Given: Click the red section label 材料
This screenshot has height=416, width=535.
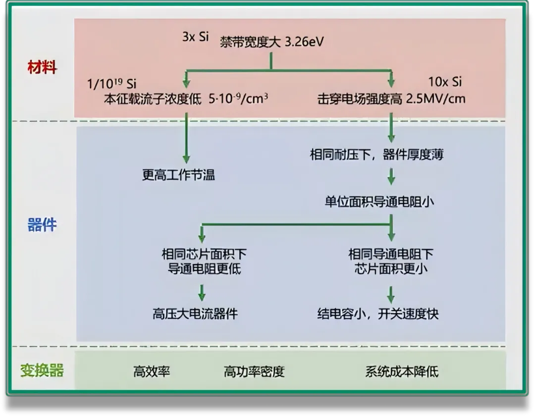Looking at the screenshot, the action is click(x=42, y=67).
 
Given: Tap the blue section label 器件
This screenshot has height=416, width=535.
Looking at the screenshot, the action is click(x=42, y=225).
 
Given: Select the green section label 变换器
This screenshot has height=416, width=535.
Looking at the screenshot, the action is click(x=42, y=370).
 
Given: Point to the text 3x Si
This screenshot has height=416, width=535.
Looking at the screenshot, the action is click(x=196, y=37).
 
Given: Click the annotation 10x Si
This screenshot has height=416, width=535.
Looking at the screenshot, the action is click(x=444, y=82).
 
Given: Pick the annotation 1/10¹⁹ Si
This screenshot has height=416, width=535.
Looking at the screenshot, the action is click(x=112, y=84).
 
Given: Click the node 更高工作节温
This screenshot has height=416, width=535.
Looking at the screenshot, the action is click(x=178, y=175).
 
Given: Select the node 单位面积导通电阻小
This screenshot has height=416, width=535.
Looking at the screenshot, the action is click(x=379, y=202).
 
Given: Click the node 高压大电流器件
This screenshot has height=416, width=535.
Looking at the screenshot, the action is click(x=195, y=314).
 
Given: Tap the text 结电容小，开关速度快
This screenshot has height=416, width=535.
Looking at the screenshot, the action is click(x=378, y=314).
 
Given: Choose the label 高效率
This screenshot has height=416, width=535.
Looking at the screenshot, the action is click(x=152, y=371).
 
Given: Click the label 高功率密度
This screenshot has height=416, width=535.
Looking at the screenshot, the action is click(x=254, y=371).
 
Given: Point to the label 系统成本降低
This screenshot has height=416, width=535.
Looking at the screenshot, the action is click(x=402, y=371).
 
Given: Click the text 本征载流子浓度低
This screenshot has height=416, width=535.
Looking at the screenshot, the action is click(x=153, y=99).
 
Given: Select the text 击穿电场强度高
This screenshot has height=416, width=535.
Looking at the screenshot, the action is click(x=360, y=99).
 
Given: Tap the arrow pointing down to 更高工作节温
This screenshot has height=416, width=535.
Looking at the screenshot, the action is click(x=186, y=139).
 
